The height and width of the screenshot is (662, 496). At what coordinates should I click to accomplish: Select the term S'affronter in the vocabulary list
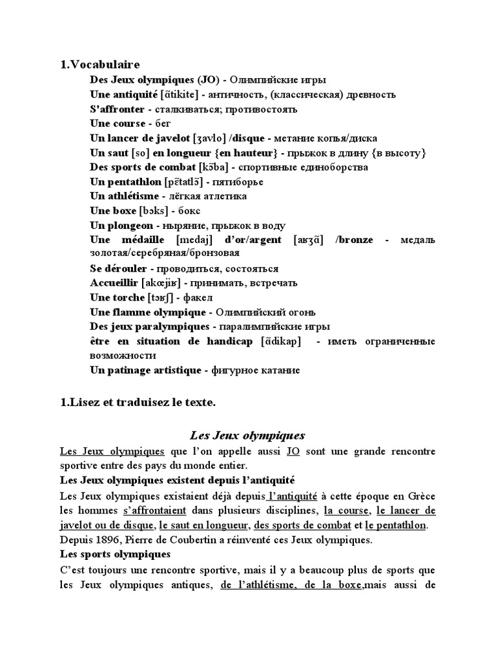click(x=118, y=109)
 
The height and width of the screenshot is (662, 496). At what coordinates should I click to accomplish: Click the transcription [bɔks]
click(x=154, y=211)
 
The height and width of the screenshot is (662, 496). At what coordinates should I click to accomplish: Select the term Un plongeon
click(x=121, y=225)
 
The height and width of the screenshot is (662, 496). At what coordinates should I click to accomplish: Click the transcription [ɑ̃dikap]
click(x=280, y=341)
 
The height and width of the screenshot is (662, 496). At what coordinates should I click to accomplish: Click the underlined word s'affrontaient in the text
click(x=152, y=511)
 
